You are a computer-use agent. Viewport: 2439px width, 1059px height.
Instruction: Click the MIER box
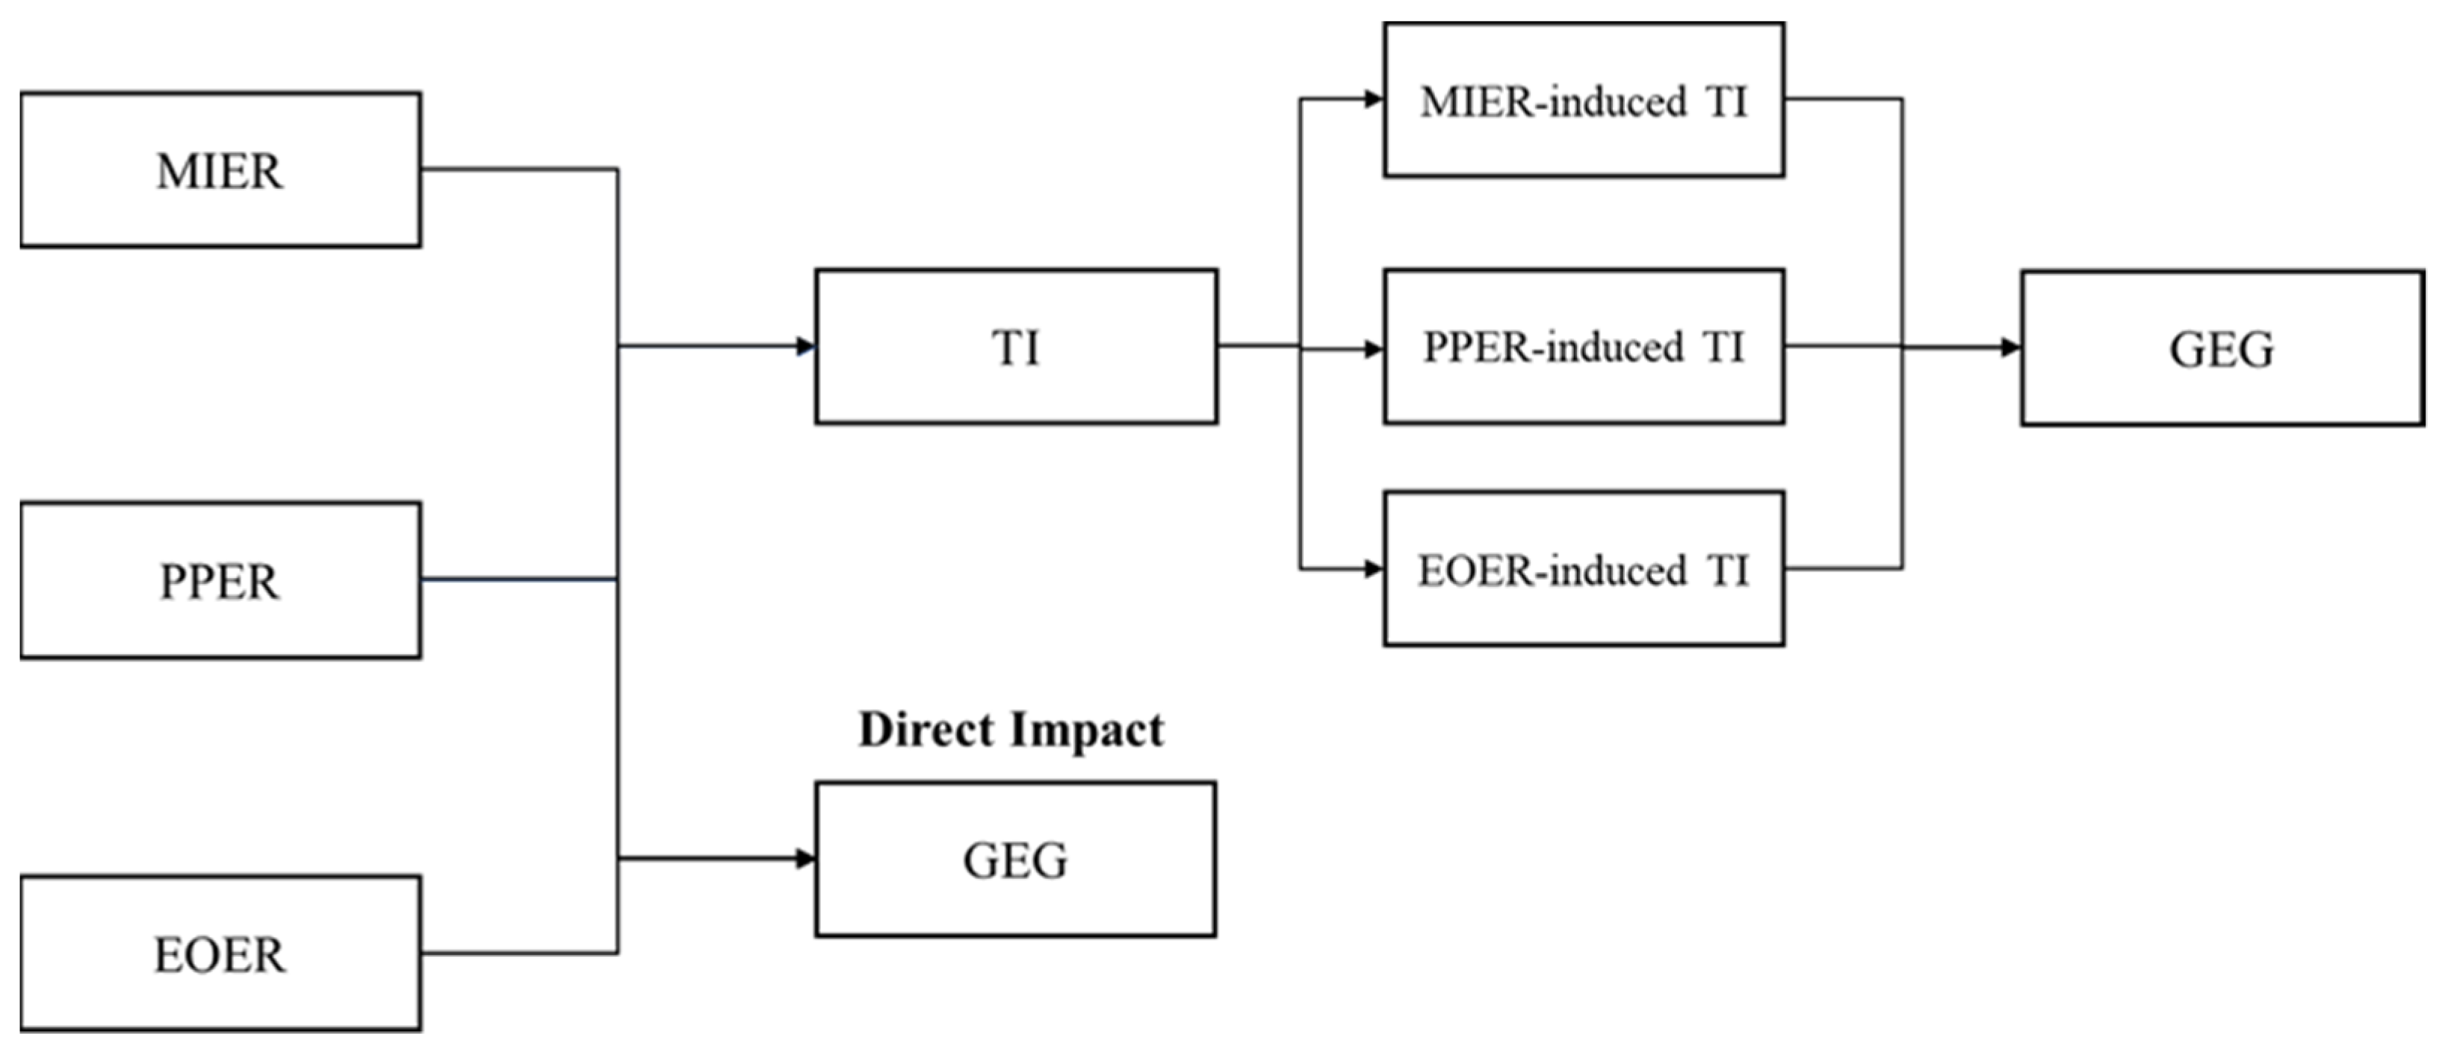point(220,170)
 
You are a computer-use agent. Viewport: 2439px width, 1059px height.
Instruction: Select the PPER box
point(220,580)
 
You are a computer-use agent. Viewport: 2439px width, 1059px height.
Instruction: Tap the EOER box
point(220,953)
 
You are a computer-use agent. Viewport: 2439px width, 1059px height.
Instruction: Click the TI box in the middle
point(1016,347)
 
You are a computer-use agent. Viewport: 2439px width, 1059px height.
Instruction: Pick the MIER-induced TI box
point(1584,100)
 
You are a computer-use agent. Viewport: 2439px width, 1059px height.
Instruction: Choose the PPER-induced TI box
point(1584,347)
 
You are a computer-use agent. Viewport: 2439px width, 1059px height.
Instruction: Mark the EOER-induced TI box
point(1584,569)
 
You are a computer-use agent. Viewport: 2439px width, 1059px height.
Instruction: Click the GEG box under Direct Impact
point(1016,860)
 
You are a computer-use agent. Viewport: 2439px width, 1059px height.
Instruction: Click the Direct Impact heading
point(1011,730)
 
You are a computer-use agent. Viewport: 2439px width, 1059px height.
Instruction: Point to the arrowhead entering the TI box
point(806,347)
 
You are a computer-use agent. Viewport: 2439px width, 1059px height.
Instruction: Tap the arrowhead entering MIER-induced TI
point(1373,99)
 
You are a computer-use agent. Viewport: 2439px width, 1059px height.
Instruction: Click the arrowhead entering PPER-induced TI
point(1373,350)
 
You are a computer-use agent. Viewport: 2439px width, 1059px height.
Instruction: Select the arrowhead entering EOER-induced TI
point(1373,569)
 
